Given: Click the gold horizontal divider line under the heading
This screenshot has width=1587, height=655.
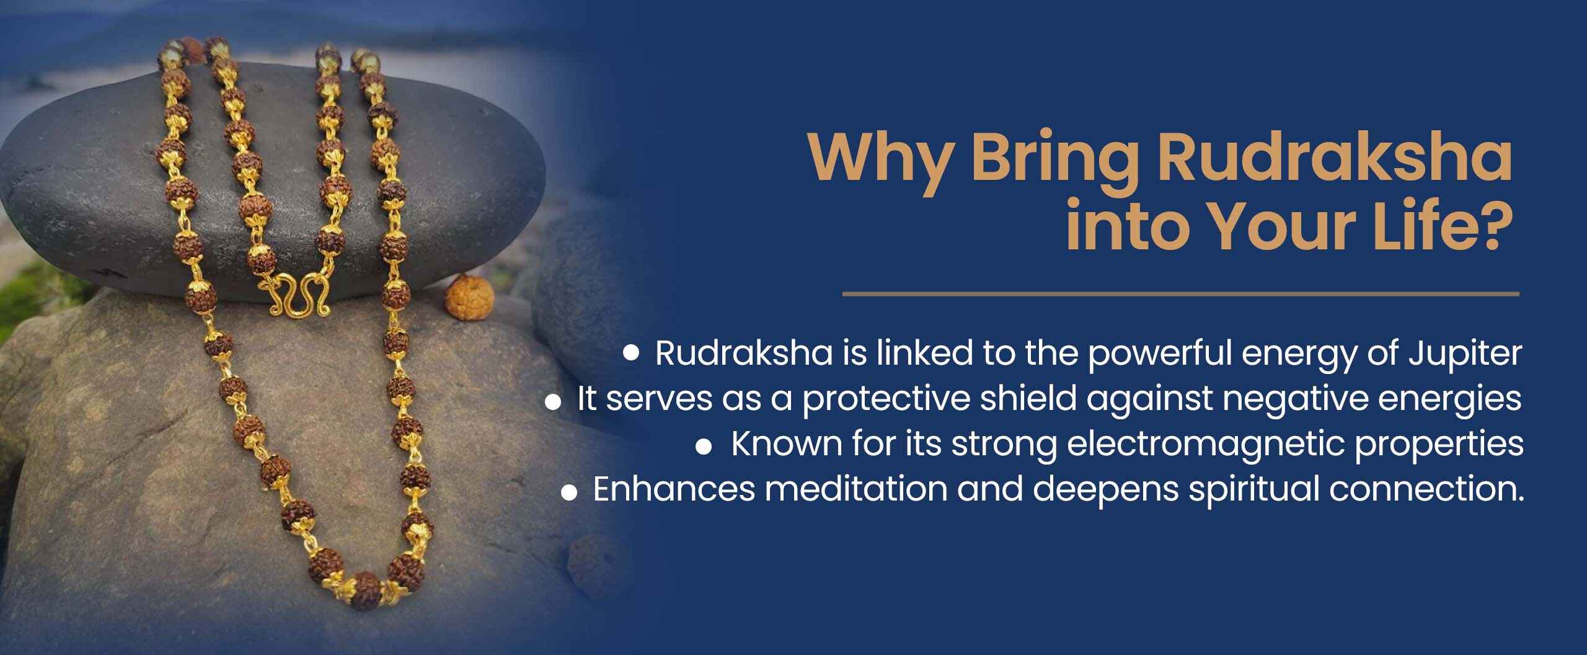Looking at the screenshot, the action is point(1181,293).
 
